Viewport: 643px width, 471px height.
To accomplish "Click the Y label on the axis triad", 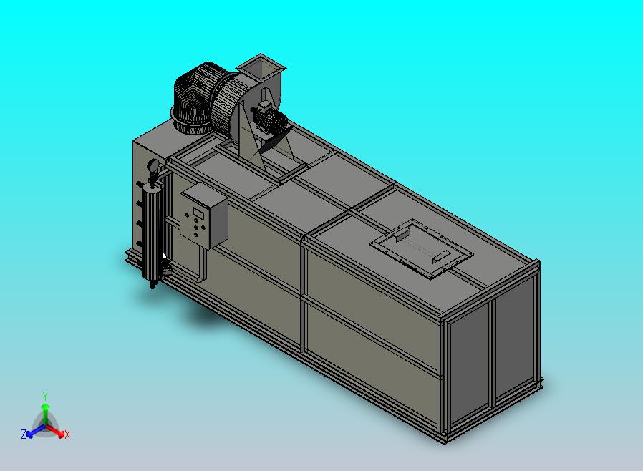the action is click(x=45, y=396).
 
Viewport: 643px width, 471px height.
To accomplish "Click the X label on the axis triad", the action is click(x=67, y=434).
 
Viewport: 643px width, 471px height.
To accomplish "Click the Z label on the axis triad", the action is click(x=24, y=434).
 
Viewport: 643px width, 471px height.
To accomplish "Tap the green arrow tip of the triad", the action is click(x=45, y=407).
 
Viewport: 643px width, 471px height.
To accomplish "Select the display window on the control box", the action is click(x=199, y=213).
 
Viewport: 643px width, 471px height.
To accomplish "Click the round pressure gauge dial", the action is click(x=154, y=165).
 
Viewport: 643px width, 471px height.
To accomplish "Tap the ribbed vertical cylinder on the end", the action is click(x=151, y=233).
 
